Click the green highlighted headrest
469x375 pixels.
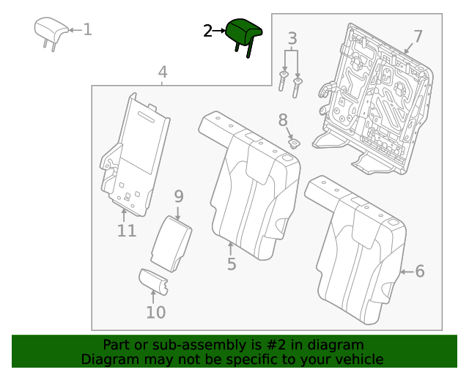(x=244, y=32)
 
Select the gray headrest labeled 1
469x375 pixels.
(x=51, y=30)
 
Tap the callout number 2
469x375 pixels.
(x=207, y=31)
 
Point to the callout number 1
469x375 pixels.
(x=87, y=30)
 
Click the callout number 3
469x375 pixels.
(x=292, y=38)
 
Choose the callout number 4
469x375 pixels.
(x=163, y=72)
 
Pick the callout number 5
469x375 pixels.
(x=232, y=264)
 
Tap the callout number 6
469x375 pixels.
(x=420, y=272)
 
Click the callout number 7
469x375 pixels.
(x=418, y=37)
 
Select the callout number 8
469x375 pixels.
(x=283, y=119)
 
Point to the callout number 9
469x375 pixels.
(x=178, y=196)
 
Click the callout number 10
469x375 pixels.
(x=155, y=313)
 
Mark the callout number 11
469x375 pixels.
(x=127, y=231)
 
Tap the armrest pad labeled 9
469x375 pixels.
(x=171, y=242)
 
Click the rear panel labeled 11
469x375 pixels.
(x=132, y=154)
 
